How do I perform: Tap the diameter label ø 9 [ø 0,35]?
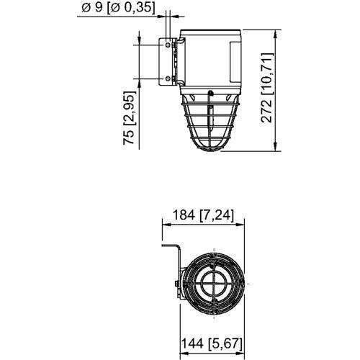click(x=118, y=7)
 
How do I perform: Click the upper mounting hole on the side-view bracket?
click(x=168, y=45)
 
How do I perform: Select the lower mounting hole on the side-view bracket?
click(x=168, y=78)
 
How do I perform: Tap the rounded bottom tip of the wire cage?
click(x=210, y=149)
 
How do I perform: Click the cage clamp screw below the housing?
click(x=210, y=93)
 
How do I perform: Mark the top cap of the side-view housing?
click(x=210, y=33)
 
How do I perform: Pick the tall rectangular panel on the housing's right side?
click(x=235, y=62)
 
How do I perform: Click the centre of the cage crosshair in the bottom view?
click(x=214, y=284)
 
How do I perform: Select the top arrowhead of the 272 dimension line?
click(x=276, y=33)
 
